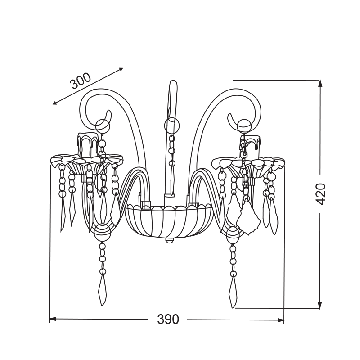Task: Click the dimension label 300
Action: (x=81, y=81)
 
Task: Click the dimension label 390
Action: (x=168, y=319)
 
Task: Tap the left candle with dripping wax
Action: (x=88, y=145)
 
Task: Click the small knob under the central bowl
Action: (x=169, y=240)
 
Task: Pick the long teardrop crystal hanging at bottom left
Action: (x=102, y=290)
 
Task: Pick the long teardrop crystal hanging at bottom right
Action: (x=233, y=292)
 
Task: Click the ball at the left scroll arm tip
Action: (x=103, y=126)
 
